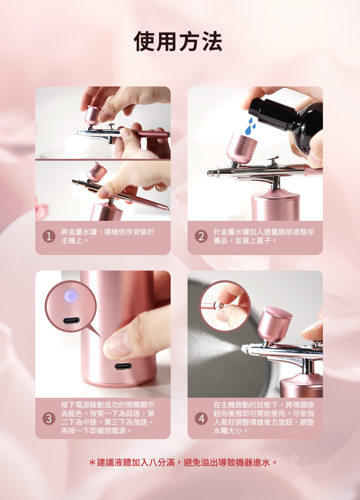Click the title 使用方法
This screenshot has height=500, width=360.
click(x=178, y=41)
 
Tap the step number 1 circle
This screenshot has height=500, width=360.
click(x=49, y=237)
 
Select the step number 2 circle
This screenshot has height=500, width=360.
click(x=201, y=237)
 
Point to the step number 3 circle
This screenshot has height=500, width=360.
click(x=49, y=419)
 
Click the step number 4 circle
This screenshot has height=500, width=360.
click(x=201, y=419)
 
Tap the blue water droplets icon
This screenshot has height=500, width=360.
click(x=251, y=126)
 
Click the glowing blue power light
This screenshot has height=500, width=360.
click(x=71, y=295)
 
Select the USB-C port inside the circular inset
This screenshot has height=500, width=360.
click(x=71, y=321)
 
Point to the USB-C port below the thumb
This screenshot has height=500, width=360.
click(x=123, y=366)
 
